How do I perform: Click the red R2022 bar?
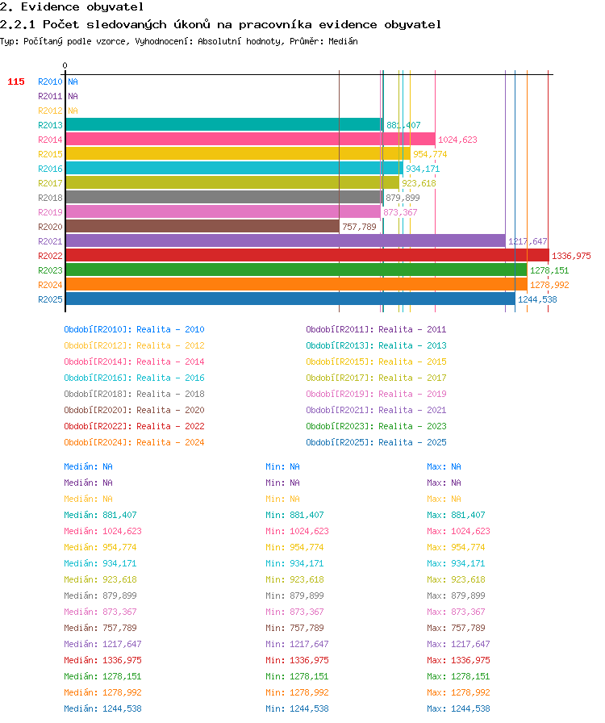pyautogui.click(x=307, y=256)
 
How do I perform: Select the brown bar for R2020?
pyautogui.click(x=202, y=227)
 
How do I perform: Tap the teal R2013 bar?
pyautogui.click(x=224, y=124)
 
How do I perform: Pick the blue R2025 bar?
pyautogui.click(x=290, y=299)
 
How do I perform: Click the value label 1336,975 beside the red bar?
pyautogui.click(x=571, y=256)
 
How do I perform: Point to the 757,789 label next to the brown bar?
pyautogui.click(x=359, y=227)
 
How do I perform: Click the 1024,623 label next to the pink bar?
pyautogui.click(x=457, y=140)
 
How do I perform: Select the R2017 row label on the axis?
pyautogui.click(x=50, y=183)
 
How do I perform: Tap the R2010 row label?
pyautogui.click(x=50, y=81)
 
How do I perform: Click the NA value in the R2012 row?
pyautogui.click(x=73, y=111)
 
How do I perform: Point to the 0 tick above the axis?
pyautogui.click(x=65, y=65)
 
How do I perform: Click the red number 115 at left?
pyautogui.click(x=16, y=81)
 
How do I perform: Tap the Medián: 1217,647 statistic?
pyautogui.click(x=102, y=644)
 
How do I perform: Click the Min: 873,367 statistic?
pyautogui.click(x=294, y=612)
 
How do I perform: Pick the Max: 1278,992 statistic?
pyautogui.click(x=458, y=692)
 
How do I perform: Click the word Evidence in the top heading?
pyautogui.click(x=50, y=7)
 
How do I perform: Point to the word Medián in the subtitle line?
pyautogui.click(x=343, y=41)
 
